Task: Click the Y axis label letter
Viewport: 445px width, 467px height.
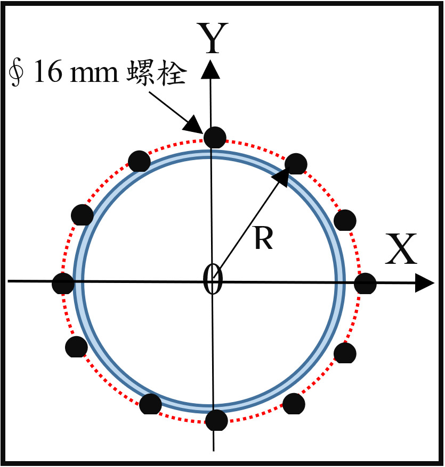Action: pos(213,38)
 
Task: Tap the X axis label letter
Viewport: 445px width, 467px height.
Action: pos(401,249)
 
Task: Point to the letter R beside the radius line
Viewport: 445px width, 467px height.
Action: pos(264,238)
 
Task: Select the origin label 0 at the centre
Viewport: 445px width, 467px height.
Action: pos(213,279)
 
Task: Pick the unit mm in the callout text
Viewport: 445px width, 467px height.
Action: pos(94,74)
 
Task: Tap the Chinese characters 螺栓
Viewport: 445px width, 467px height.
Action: pos(157,72)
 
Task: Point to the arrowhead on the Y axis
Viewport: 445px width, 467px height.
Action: pos(211,69)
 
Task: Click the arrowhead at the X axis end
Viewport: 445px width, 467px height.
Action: pos(424,283)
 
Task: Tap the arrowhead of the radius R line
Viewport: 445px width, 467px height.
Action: pos(281,177)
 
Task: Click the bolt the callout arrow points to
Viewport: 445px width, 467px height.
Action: pos(215,137)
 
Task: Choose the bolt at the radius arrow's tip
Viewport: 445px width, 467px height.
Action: pos(296,164)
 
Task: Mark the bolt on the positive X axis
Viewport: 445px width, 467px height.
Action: pos(365,283)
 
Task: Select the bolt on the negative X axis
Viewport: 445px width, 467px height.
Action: pos(63,283)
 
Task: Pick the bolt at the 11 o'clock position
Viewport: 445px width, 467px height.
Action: pos(139,161)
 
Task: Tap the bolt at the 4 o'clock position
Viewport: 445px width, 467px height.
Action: pos(345,353)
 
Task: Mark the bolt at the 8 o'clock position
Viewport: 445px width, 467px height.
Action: pos(76,347)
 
